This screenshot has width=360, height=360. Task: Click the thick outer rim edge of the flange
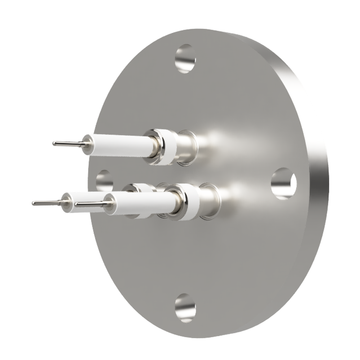pyautogui.click(x=317, y=180)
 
